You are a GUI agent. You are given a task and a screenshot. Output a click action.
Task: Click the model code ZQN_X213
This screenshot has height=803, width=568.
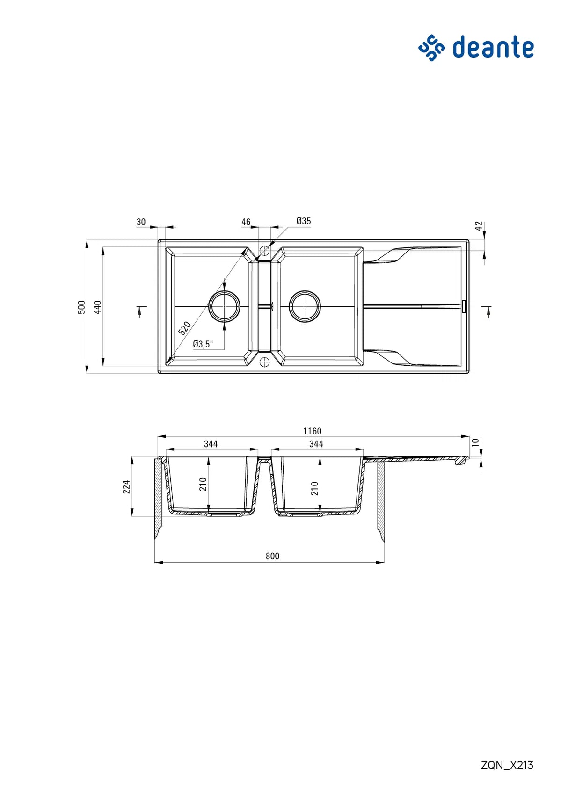507,765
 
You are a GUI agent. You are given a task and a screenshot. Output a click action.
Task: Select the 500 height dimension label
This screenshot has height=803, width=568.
81,307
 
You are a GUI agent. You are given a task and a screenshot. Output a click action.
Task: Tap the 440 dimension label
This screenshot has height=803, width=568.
97,307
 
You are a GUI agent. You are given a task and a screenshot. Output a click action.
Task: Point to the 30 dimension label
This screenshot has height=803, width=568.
141,222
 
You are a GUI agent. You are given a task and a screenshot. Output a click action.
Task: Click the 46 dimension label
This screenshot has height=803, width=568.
246,222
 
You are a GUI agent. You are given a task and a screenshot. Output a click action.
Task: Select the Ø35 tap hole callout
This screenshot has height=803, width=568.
303,221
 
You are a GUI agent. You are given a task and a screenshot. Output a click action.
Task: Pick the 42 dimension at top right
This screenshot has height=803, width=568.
478,226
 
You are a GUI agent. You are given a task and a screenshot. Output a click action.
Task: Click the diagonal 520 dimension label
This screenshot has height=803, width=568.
185,328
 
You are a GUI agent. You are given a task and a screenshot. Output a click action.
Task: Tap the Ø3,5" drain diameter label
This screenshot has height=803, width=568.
203,344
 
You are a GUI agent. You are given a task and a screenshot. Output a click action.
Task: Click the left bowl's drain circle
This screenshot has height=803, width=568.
224,306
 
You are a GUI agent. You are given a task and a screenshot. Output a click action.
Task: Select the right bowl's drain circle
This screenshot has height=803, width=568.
305,306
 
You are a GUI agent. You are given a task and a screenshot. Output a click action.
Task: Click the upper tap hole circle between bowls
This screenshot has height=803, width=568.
264,250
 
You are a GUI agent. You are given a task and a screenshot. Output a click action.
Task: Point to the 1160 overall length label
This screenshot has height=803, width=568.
312,431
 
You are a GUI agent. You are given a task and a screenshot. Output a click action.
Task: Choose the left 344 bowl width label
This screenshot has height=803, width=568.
211,444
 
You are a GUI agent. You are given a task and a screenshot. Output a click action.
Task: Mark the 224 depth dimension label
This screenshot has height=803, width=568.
126,487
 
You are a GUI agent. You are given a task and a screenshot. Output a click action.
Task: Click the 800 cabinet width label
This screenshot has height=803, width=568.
272,556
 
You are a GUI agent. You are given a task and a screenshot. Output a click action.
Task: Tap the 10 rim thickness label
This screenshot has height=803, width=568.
475,442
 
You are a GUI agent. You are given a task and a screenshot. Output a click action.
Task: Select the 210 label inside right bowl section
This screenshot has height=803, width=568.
314,488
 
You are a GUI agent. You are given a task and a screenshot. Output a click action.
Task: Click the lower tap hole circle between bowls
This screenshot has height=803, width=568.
264,362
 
